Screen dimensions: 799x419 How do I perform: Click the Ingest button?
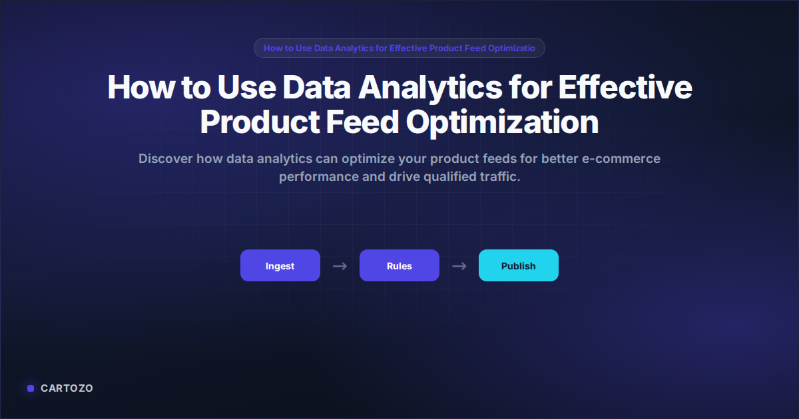coord(280,265)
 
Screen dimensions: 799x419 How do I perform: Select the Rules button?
coord(399,265)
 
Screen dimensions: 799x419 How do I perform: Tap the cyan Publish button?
coord(518,265)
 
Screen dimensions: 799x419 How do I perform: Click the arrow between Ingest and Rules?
coord(340,266)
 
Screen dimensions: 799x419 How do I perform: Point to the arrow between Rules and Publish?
coord(459,266)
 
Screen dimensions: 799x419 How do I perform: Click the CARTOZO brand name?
coord(67,388)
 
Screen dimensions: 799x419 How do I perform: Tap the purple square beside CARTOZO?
coord(31,388)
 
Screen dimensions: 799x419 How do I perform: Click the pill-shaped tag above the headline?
coord(399,48)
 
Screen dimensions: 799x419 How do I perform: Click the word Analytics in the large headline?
coord(430,88)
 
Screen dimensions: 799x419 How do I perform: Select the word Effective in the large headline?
coord(625,88)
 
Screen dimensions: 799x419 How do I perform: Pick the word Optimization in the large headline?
coord(502,122)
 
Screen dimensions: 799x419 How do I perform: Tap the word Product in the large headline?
coord(260,122)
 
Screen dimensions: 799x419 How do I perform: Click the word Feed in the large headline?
coord(362,122)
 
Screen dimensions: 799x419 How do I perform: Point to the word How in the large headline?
coord(141,88)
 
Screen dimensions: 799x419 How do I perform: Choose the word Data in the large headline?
coord(316,88)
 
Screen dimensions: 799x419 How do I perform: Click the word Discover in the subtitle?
coord(166,158)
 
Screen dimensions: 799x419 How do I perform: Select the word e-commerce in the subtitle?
coord(621,159)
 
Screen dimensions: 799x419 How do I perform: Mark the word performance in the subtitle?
coord(318,177)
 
